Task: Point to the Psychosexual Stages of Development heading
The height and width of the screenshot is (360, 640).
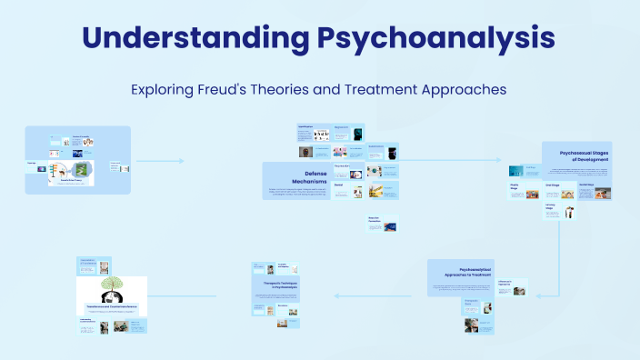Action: pos(585,155)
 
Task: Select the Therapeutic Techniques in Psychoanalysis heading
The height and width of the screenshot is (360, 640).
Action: pos(275,285)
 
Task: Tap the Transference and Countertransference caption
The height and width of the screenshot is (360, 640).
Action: pos(111,308)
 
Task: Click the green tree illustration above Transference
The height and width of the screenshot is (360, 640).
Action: pos(111,290)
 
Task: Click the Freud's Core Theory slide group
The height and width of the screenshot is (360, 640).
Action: pos(78,158)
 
